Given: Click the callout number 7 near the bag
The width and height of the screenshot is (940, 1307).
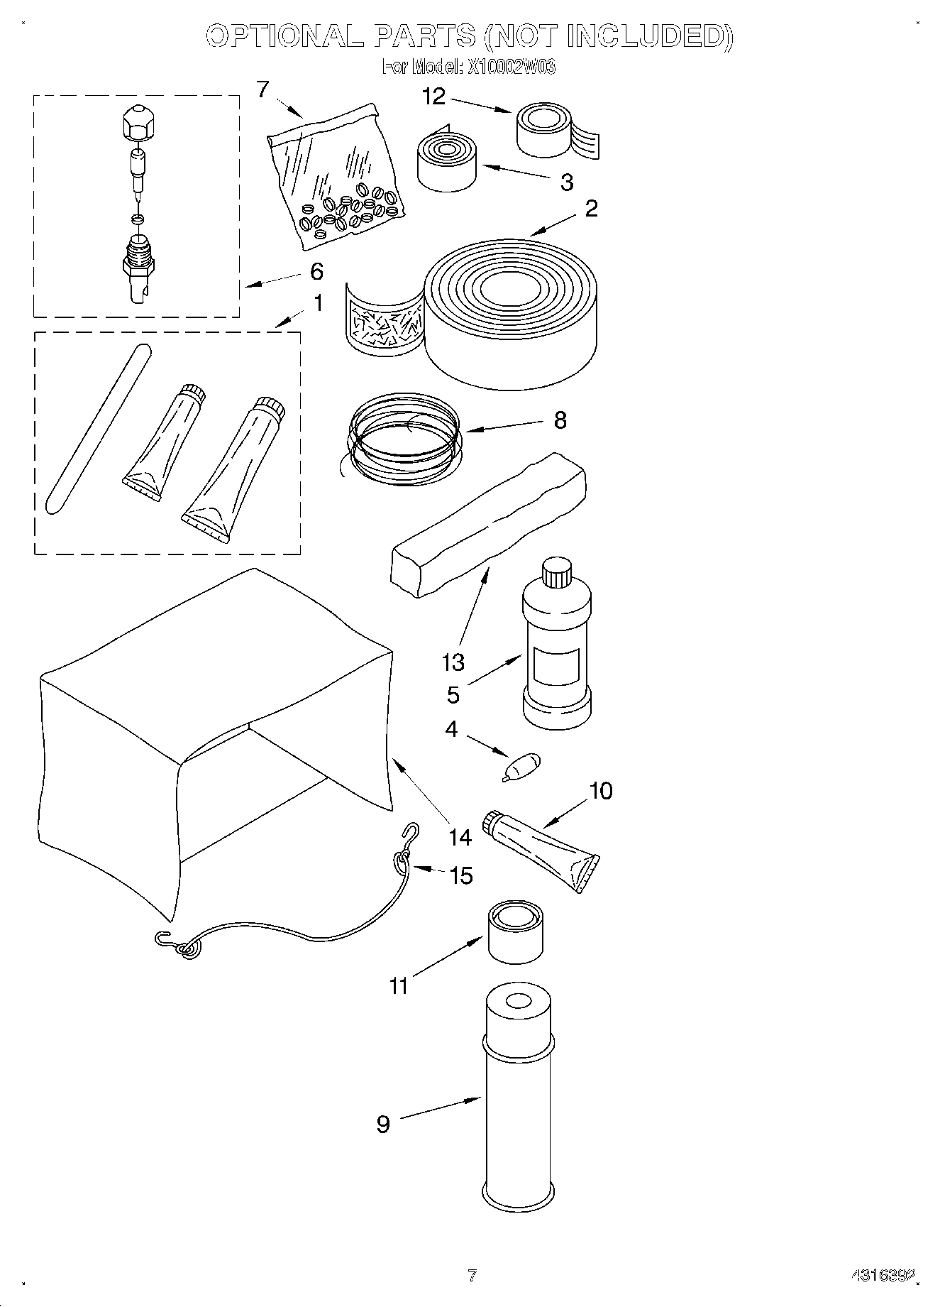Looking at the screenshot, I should pyautogui.click(x=263, y=90).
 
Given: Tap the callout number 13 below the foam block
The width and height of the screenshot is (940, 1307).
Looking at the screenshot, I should pyautogui.click(x=453, y=662).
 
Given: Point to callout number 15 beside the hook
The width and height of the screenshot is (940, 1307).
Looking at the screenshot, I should pyautogui.click(x=461, y=875).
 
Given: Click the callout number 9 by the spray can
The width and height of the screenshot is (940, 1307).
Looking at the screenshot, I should pyautogui.click(x=383, y=1124).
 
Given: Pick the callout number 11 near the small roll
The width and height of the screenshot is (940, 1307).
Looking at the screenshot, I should pyautogui.click(x=399, y=985).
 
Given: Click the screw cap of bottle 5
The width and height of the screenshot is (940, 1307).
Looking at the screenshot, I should pyautogui.click(x=556, y=572).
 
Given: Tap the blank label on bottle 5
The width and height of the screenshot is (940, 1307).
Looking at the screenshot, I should pyautogui.click(x=557, y=666).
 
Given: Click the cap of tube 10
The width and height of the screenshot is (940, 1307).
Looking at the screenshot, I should pyautogui.click(x=491, y=821).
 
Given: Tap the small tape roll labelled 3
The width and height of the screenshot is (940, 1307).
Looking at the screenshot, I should pyautogui.click(x=447, y=163).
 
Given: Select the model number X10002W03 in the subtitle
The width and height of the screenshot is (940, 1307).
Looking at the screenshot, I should pyautogui.click(x=510, y=67).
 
